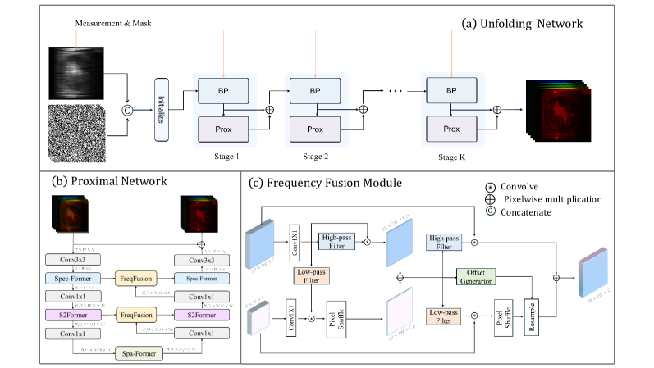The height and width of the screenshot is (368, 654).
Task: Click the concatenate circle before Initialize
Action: tap(126, 107)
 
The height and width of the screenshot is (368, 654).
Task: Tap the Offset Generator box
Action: tap(480, 276)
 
